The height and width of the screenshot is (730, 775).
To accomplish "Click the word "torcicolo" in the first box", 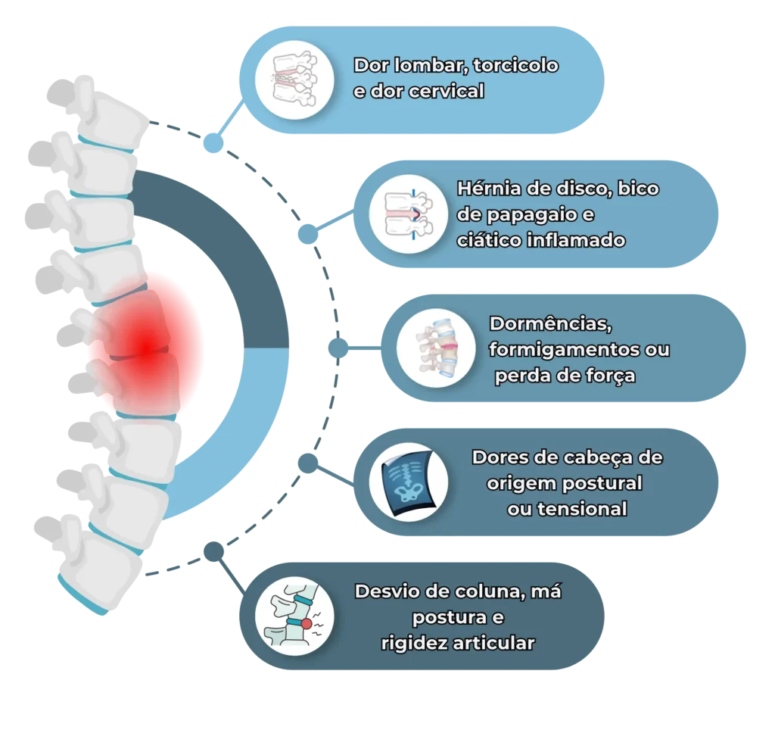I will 515,65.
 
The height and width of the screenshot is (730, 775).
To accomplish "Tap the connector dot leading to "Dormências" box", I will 338,348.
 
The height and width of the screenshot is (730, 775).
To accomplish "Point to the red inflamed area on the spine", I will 144,345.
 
